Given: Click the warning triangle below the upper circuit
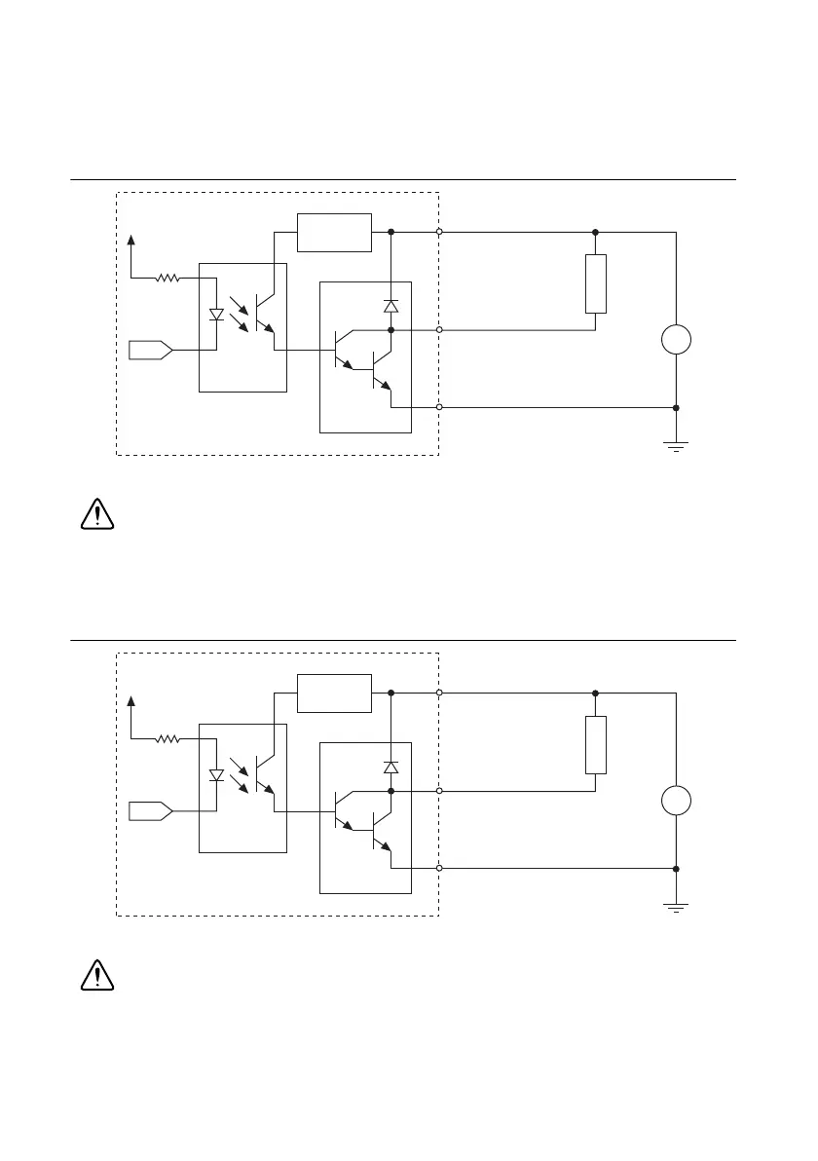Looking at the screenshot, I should (x=96, y=513).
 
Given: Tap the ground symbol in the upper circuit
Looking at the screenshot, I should (x=676, y=445).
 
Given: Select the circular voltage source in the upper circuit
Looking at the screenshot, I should (x=676, y=341).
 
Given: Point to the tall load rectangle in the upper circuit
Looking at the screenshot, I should (x=596, y=283).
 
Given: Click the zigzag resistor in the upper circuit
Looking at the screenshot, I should (x=168, y=278).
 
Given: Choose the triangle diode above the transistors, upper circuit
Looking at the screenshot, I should (x=390, y=306).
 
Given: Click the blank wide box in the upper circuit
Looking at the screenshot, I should (x=334, y=232).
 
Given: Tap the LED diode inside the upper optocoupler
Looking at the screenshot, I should (x=217, y=316).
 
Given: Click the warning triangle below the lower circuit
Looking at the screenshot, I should (x=96, y=975).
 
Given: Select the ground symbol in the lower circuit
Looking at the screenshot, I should (x=676, y=907).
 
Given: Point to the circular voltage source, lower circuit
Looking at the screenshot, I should (x=676, y=802).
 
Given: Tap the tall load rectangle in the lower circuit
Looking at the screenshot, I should (x=596, y=745).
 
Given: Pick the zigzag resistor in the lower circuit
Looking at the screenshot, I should (x=168, y=739).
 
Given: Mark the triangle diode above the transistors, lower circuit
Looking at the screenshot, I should (x=390, y=768).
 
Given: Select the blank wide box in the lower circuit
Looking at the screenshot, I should (x=334, y=693).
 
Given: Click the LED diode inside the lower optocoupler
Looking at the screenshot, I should (x=217, y=776).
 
